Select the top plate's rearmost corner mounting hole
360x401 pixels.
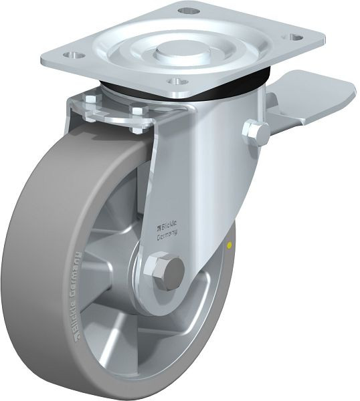189,11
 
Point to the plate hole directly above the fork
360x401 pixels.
175,81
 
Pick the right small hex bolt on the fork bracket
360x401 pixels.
137,110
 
